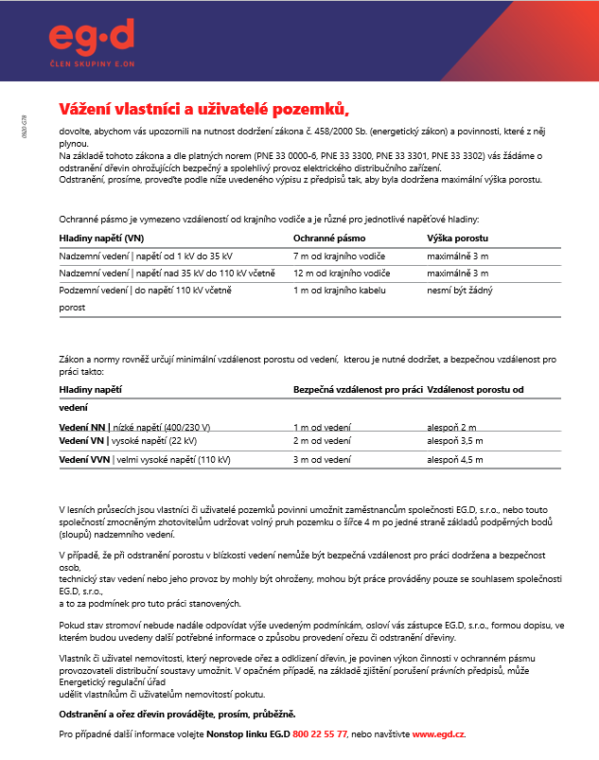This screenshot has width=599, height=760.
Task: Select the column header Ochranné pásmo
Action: click(329, 238)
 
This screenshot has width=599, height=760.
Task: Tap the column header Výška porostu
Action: click(458, 238)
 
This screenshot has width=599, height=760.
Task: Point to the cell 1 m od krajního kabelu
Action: click(340, 291)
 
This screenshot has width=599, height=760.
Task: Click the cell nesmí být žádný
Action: click(460, 291)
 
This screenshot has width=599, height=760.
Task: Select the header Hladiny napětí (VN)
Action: click(101, 238)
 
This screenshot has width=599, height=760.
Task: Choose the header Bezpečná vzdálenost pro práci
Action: click(358, 390)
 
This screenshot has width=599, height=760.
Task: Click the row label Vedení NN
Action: click(83, 427)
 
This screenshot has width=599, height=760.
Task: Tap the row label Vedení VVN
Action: click(85, 460)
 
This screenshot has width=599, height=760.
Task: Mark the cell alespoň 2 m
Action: click(452, 427)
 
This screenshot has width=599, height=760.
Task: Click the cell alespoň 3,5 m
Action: click(455, 441)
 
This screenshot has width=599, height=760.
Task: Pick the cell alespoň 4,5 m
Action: click(455, 460)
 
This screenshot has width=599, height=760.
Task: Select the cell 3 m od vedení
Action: click(322, 460)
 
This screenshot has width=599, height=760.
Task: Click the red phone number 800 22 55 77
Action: click(320, 733)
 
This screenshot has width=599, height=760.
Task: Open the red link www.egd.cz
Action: click(438, 733)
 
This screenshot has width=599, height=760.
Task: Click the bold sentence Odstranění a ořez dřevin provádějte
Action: click(177, 714)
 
